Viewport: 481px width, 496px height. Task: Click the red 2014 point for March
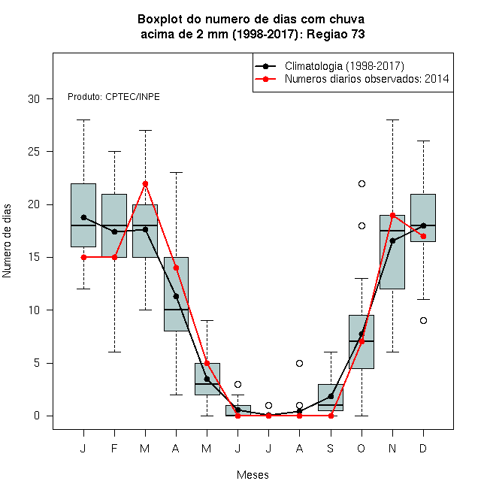[145, 184]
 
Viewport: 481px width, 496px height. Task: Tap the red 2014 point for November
[393, 216]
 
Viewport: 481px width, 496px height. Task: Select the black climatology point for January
[83, 217]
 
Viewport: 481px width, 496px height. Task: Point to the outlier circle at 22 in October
[362, 184]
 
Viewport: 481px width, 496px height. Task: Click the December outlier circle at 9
[423, 320]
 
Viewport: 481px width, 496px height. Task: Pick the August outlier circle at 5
[299, 363]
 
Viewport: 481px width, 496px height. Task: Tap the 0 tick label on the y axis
[37, 416]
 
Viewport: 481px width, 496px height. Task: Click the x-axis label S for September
[331, 448]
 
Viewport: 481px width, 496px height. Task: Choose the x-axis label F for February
[114, 448]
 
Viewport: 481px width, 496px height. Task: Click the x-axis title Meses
[253, 475]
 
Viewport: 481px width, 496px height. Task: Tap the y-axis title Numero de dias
[7, 241]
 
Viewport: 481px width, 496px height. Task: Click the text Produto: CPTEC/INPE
[113, 96]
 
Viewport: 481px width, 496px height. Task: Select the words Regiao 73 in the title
[336, 34]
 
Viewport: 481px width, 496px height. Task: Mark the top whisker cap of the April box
[177, 173]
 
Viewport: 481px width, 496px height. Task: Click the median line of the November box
[392, 231]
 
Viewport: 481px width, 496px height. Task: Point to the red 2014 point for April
[177, 268]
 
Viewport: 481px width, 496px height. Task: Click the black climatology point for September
[331, 396]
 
